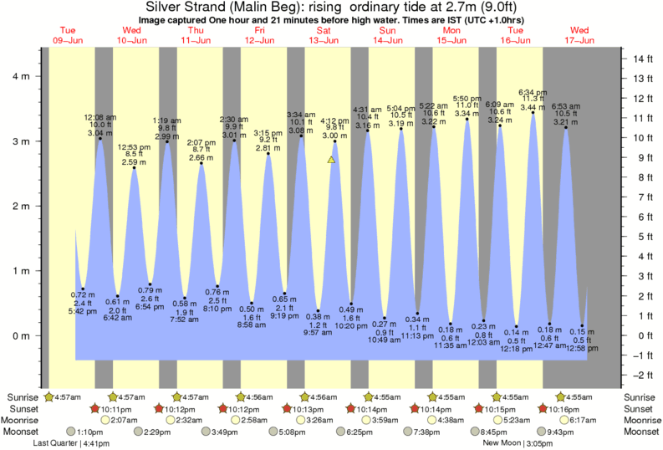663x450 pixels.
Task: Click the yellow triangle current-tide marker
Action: point(332,158)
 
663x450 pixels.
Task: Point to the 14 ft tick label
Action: point(642,59)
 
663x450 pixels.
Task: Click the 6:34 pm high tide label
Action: point(533,91)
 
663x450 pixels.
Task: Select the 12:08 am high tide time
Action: point(99,117)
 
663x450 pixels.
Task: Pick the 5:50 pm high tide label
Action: point(467,98)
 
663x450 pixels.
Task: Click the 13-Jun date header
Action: point(324,40)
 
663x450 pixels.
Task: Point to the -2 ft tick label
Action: point(642,374)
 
